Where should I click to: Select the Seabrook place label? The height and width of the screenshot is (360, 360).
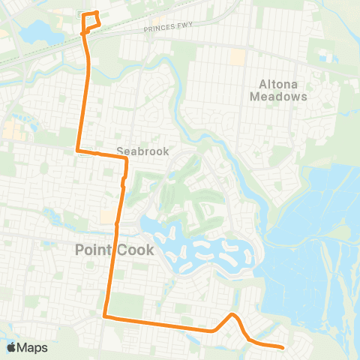click(144, 151)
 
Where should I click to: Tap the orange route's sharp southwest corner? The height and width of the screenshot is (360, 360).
click(105, 317)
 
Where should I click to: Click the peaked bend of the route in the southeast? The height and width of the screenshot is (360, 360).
click(233, 315)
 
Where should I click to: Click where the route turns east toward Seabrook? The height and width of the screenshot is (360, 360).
click(79, 151)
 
